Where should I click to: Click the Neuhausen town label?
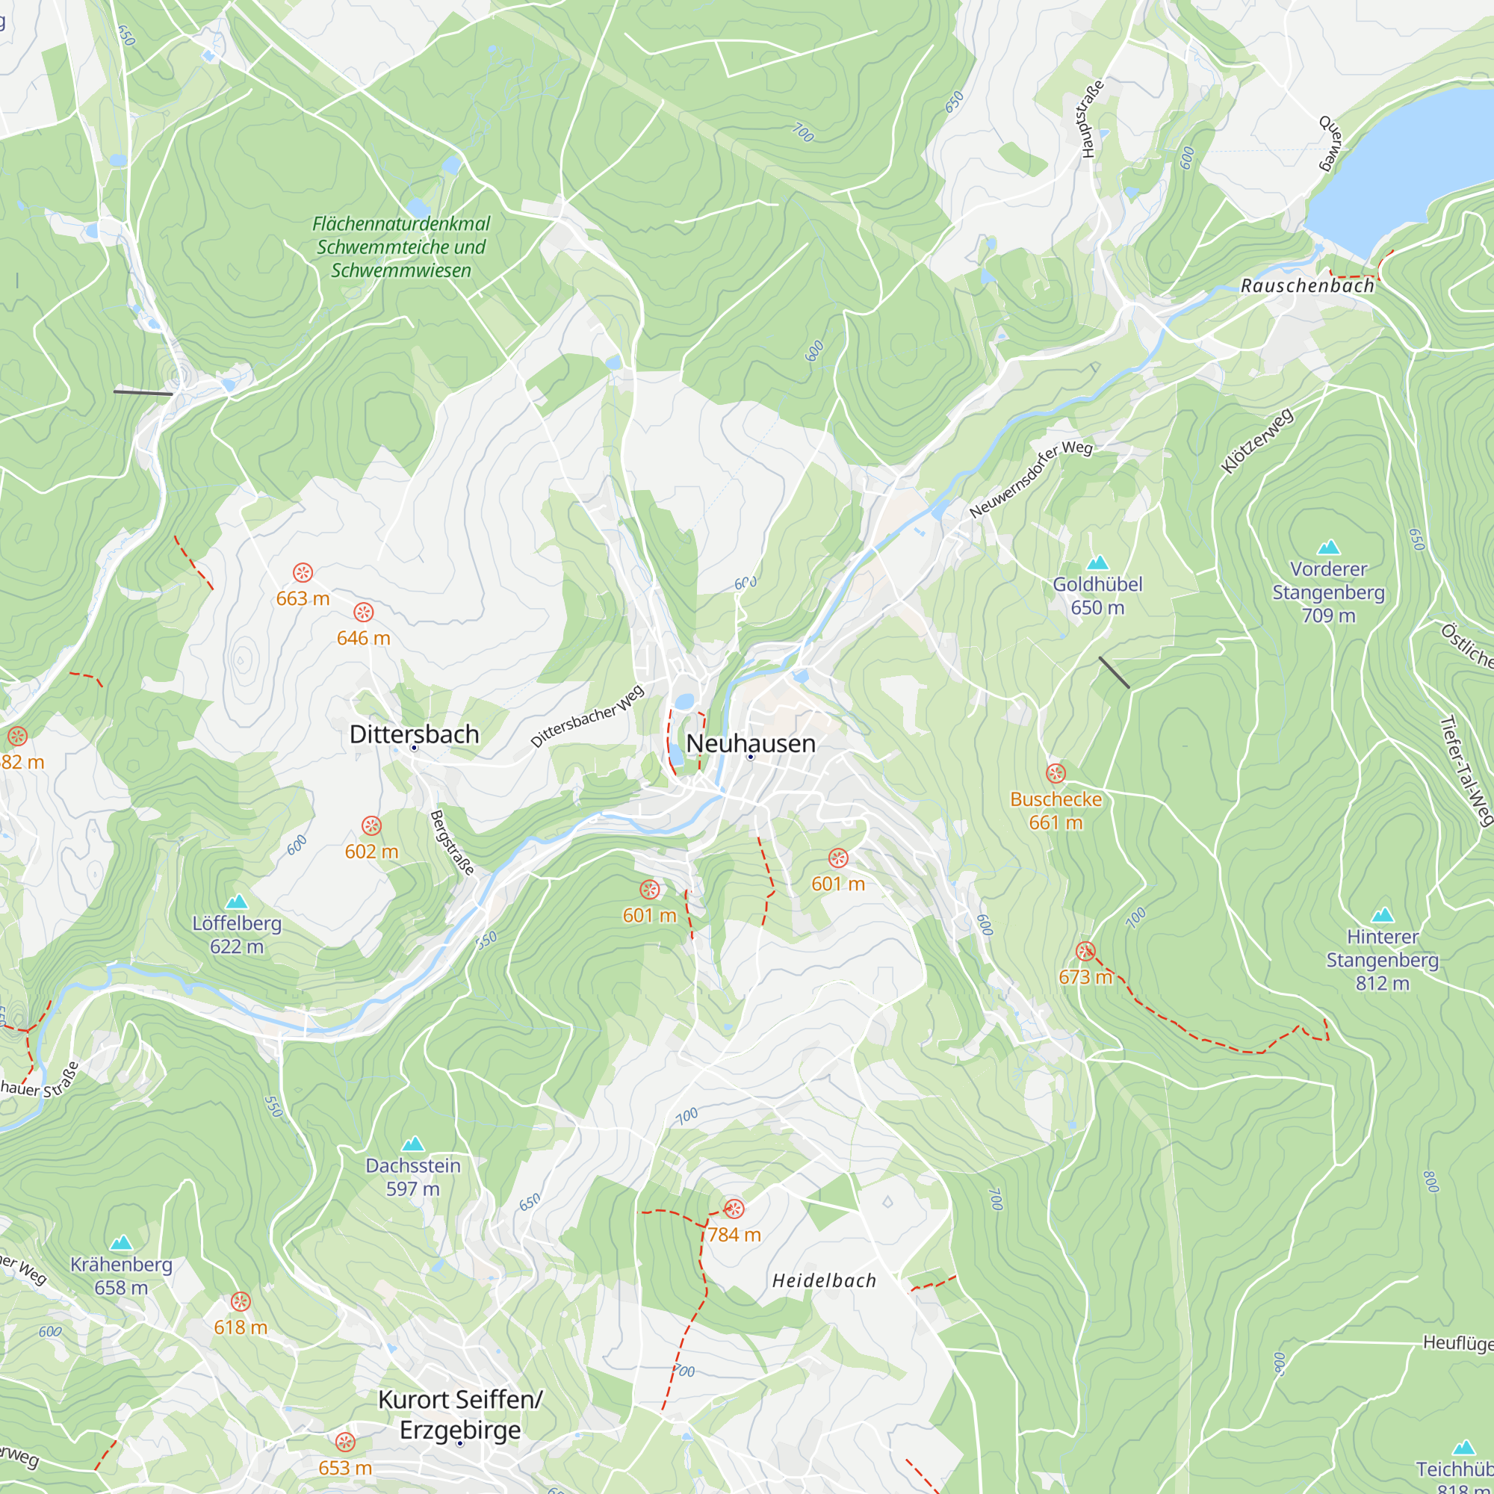pyautogui.click(x=750, y=743)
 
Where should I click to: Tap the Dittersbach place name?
pyautogui.click(x=414, y=734)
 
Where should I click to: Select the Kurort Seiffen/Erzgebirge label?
pyautogui.click(x=460, y=1414)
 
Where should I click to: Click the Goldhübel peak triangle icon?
pyautogui.click(x=1097, y=562)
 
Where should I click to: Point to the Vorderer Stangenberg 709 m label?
pyautogui.click(x=1327, y=592)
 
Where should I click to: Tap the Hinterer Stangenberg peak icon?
pyautogui.click(x=1382, y=915)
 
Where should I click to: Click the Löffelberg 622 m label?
pyautogui.click(x=237, y=934)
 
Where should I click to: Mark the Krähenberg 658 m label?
pyautogui.click(x=122, y=1276)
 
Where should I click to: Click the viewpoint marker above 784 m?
pyautogui.click(x=733, y=1208)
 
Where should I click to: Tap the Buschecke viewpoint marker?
pyautogui.click(x=1056, y=773)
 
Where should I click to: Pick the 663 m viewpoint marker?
pyautogui.click(x=303, y=572)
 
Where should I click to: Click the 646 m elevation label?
pyautogui.click(x=363, y=638)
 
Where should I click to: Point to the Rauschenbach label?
pyautogui.click(x=1307, y=285)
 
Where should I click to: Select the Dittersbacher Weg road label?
pyautogui.click(x=587, y=716)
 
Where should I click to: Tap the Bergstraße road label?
pyautogui.click(x=452, y=842)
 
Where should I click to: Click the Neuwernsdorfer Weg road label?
pyautogui.click(x=1030, y=479)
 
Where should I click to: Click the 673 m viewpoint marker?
pyautogui.click(x=1085, y=951)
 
